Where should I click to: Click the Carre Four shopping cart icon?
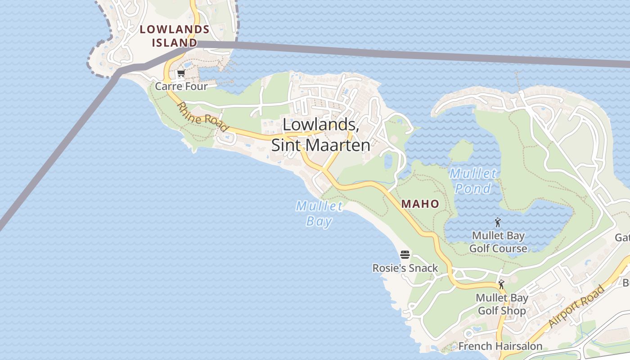181,73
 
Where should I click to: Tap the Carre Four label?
181,86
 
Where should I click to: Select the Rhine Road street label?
202,117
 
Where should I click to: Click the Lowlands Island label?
175,36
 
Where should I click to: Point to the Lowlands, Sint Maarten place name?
321,135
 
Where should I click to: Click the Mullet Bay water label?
319,214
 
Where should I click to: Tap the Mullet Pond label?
473,180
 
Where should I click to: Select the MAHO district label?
420,204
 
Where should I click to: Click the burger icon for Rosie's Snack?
405,255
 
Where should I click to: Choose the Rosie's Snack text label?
405,268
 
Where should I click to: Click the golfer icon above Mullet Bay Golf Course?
498,222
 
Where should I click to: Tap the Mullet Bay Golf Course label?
498,242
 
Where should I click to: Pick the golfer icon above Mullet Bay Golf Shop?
501,284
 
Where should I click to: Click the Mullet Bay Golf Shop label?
502,304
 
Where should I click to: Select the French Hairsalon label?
500,346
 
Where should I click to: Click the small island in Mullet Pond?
461,151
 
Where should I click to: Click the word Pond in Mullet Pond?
473,188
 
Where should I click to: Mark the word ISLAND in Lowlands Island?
175,43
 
